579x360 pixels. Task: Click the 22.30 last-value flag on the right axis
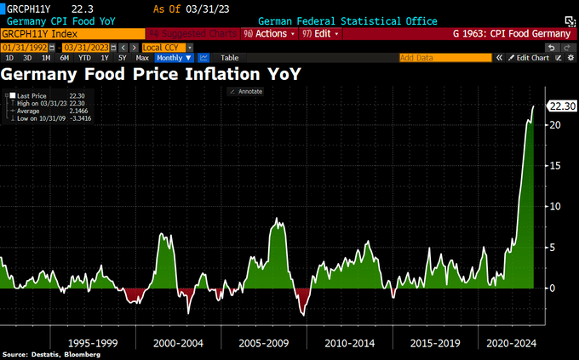(562, 106)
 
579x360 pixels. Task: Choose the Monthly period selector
(169, 58)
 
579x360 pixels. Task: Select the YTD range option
(84, 58)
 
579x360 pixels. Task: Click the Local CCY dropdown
(165, 47)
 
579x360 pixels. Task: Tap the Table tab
(229, 58)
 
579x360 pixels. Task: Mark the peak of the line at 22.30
(534, 106)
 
